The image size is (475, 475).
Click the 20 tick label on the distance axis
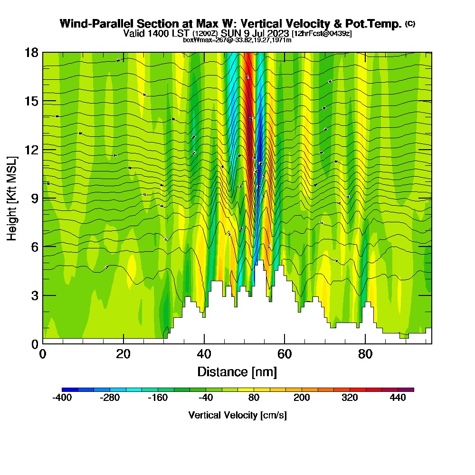point(123,354)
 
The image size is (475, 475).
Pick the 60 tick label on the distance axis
point(285,354)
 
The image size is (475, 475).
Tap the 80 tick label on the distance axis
point(365,354)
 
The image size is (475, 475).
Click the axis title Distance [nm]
point(237,371)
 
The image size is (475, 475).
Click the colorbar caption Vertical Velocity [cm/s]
point(237,415)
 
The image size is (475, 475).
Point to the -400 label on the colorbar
point(62,398)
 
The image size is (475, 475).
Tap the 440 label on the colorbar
point(398,398)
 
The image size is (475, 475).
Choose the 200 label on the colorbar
point(302,398)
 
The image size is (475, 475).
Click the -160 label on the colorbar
point(158,398)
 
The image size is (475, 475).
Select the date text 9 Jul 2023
point(266,33)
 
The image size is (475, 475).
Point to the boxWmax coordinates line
point(237,40)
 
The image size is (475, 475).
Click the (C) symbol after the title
point(410,23)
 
